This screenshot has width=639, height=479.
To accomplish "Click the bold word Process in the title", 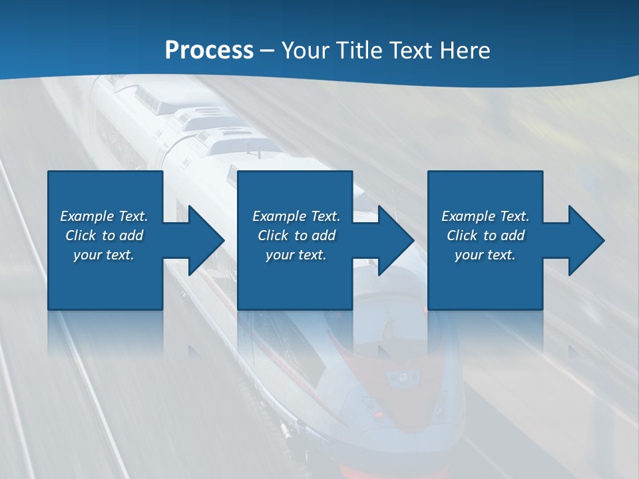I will click(209, 51).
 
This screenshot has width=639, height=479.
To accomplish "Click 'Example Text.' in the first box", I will click(104, 216).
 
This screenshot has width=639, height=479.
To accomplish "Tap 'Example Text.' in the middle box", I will click(296, 216).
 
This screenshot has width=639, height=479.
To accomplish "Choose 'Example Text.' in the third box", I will click(485, 216).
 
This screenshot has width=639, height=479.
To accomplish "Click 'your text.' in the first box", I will click(104, 255).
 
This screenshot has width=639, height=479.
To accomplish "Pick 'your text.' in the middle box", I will click(296, 255).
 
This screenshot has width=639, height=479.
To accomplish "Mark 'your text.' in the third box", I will click(485, 255).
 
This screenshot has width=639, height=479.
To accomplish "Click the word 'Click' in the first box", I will click(81, 236).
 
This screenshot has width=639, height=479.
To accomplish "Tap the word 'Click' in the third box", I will click(462, 236).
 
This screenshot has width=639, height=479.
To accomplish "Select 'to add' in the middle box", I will click(315, 236).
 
